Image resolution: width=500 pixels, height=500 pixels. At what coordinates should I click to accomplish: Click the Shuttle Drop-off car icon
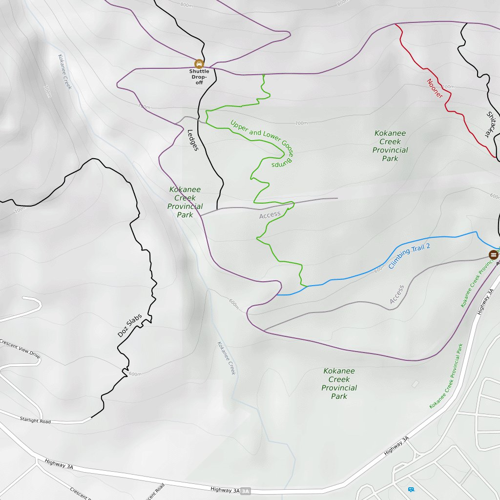[x=199, y=63]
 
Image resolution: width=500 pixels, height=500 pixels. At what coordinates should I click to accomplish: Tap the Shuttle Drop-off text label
[x=199, y=77]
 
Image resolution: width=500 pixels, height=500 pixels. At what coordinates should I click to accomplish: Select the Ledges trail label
[x=193, y=140]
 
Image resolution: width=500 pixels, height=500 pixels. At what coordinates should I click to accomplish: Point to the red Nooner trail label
[x=435, y=88]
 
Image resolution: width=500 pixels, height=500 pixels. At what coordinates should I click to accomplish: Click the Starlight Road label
[x=35, y=420]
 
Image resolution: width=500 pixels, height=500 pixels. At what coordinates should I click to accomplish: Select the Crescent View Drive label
[x=20, y=350]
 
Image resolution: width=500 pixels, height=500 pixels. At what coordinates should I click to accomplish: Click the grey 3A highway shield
[x=245, y=491]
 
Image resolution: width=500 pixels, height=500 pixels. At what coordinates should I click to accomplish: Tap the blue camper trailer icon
[x=411, y=489]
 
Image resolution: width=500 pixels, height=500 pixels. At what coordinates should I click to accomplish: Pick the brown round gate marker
[x=494, y=255]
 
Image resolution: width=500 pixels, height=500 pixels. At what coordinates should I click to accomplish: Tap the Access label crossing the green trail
[x=270, y=214]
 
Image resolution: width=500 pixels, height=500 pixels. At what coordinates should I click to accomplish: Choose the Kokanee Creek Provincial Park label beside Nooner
[x=390, y=146]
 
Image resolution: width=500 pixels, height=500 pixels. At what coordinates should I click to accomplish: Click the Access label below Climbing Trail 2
[x=397, y=294]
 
